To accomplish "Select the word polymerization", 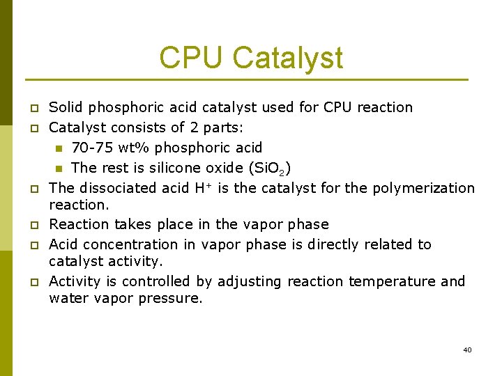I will point(423,188).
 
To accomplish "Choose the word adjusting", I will point(250,281).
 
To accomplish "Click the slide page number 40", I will point(466,350).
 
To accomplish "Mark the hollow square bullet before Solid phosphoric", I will point(32,109).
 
